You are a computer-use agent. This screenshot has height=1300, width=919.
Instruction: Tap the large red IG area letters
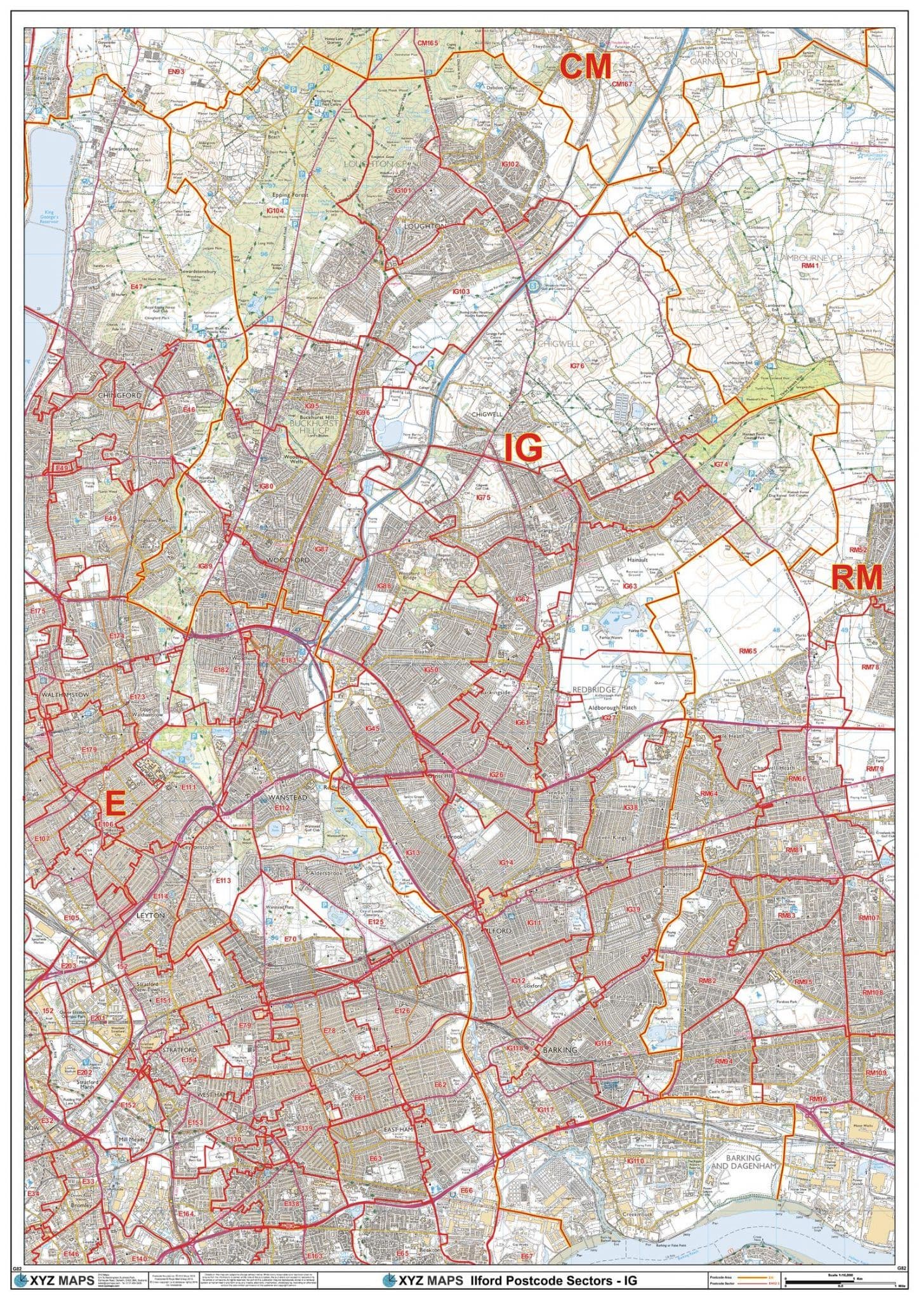tap(523, 448)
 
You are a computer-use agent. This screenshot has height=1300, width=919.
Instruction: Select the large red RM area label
tap(856, 578)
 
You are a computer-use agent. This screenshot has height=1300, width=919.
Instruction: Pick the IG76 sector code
tap(576, 366)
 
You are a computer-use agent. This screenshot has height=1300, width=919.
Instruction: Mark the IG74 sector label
tap(720, 465)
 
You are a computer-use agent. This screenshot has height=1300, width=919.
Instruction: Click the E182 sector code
tap(221, 670)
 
